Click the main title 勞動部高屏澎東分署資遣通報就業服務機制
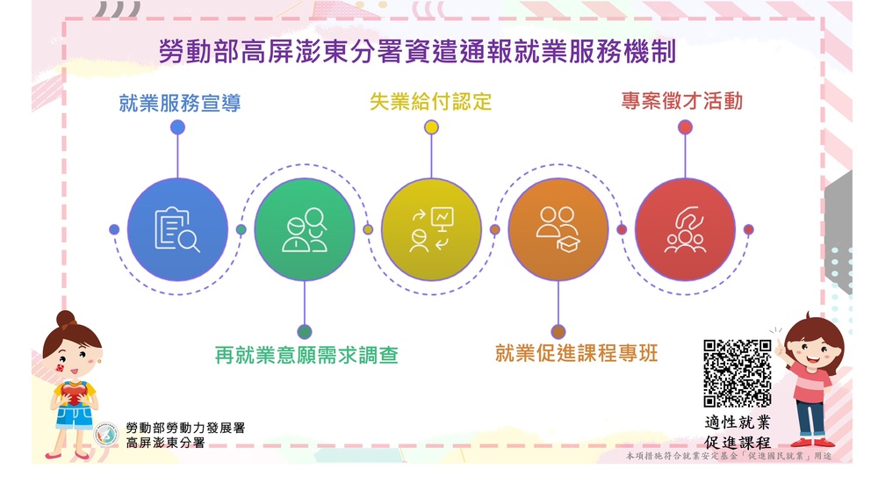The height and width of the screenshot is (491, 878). click(417, 52)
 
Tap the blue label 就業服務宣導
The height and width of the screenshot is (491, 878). click(179, 103)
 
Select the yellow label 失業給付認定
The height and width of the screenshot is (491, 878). click(431, 102)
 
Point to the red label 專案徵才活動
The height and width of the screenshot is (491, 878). click(681, 101)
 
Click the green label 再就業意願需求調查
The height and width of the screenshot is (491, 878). click(306, 356)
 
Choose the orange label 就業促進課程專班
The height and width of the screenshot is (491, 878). click(576, 354)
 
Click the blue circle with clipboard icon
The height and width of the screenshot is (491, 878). click(177, 229)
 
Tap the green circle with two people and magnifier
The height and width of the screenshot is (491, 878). click(305, 229)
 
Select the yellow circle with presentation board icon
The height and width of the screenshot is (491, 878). click(431, 229)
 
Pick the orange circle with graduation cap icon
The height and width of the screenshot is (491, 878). click(558, 229)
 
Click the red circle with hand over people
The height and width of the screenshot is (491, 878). click(685, 229)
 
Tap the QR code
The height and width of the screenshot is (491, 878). click(738, 373)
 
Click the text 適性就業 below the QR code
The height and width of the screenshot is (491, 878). click(738, 422)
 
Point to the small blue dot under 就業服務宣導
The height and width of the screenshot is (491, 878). click(177, 127)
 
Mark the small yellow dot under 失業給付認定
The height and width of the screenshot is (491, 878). click(431, 127)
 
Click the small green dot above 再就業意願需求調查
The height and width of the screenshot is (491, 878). click(305, 331)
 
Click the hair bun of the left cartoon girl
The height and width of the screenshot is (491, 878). click(66, 319)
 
